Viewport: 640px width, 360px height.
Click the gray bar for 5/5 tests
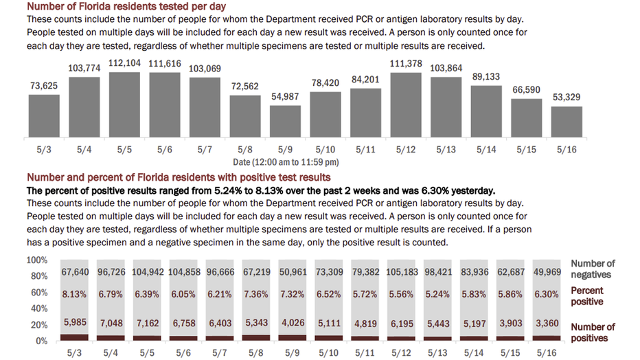pos(124,104)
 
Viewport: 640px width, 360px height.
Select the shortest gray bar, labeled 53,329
pos(567,122)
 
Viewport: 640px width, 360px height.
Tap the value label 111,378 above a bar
pos(406,63)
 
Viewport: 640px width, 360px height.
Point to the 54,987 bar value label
pos(285,97)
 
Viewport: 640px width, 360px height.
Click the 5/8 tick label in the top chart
pos(245,149)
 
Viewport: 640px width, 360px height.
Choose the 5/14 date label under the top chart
pos(486,149)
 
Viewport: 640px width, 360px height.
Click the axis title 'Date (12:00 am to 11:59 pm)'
pos(286,162)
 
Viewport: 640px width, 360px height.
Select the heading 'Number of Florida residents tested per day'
pos(126,7)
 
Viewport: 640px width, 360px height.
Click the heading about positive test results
pos(179,177)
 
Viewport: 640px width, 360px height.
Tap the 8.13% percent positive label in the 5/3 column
pos(74,294)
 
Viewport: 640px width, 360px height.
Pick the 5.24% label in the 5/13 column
pos(437,294)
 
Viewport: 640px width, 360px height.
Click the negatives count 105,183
pos(402,272)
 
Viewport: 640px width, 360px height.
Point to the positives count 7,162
pos(148,324)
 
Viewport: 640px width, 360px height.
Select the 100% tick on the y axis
pos(36,260)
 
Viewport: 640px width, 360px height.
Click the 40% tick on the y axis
pos(39,308)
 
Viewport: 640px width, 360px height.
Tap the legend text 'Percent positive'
pos(587,296)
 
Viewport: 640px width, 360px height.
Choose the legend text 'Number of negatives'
pos(593,269)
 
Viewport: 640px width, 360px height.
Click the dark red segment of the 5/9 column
pos(293,338)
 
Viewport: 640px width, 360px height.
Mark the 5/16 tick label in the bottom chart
pos(547,352)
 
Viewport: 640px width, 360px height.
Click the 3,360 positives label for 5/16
pos(547,324)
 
